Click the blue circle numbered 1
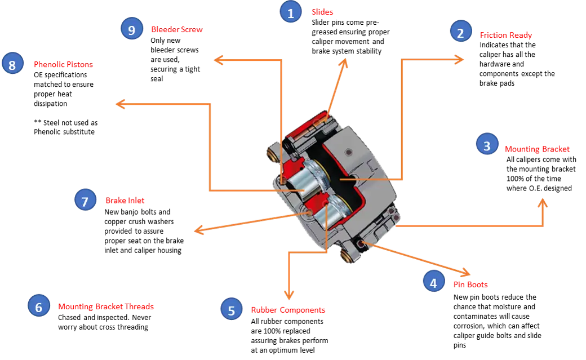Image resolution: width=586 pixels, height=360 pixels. [x=291, y=12]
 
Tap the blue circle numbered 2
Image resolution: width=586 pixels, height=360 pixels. [x=460, y=33]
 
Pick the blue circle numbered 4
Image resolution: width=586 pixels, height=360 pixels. [x=433, y=281]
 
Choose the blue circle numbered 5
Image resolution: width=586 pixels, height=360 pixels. [x=231, y=309]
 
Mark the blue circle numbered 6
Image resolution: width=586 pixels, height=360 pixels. [x=38, y=306]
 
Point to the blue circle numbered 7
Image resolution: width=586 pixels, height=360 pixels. [x=85, y=200]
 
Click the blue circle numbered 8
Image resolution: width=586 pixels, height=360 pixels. [x=12, y=64]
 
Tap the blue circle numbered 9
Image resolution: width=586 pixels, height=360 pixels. [x=131, y=29]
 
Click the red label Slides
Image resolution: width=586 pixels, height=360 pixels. [x=322, y=12]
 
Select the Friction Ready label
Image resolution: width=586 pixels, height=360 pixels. [x=505, y=35]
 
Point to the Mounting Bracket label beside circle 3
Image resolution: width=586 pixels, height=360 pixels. [x=536, y=149]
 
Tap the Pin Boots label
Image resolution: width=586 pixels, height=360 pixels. [x=470, y=285]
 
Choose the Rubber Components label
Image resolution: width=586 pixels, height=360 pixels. [x=288, y=310]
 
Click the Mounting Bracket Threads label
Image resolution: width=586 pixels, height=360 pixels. [x=106, y=306]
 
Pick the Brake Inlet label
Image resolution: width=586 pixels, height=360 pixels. [x=125, y=200]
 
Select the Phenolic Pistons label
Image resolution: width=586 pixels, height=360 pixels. [x=63, y=65]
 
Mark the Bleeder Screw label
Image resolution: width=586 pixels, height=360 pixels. [x=176, y=30]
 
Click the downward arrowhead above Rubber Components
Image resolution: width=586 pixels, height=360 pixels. [x=289, y=295]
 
